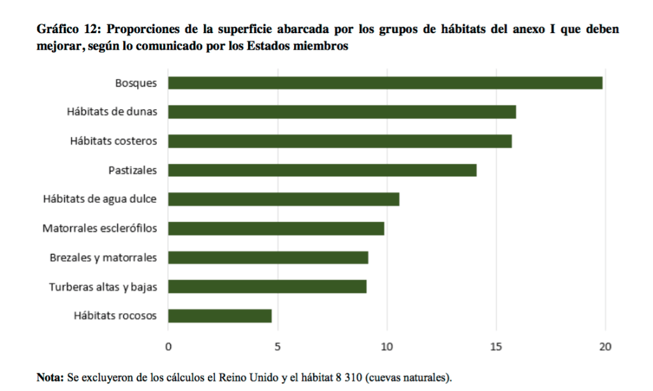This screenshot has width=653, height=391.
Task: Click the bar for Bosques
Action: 385,83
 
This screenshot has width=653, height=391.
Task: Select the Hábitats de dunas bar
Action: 342,112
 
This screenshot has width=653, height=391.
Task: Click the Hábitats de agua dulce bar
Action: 283,199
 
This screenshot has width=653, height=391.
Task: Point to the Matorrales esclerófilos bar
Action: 275,228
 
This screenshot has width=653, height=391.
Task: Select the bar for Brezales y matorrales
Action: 268,258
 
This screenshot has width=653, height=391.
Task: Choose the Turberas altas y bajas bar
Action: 267,286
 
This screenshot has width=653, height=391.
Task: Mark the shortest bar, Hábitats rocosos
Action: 219,316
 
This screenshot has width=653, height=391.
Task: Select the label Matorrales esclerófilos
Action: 99,228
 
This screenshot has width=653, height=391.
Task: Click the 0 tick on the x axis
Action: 168,348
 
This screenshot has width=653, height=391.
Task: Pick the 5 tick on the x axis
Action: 277,348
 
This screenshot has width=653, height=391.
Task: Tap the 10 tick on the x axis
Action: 386,348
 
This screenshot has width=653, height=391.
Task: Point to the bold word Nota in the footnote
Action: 49,377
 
